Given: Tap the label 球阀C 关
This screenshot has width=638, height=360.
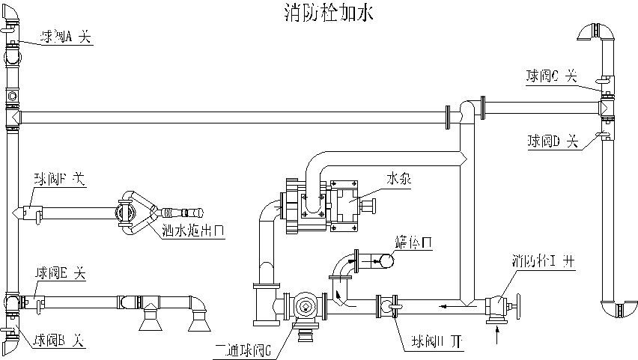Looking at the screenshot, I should (x=551, y=76).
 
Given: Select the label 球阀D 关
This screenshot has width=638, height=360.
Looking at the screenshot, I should (x=554, y=140).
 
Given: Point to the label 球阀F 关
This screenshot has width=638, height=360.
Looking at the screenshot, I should (x=59, y=180).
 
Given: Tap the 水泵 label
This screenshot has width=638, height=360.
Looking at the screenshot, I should (x=398, y=180).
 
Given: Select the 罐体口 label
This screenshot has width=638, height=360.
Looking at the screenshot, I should (x=413, y=242).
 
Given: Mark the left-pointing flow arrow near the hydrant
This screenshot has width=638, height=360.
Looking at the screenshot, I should (x=446, y=305).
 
